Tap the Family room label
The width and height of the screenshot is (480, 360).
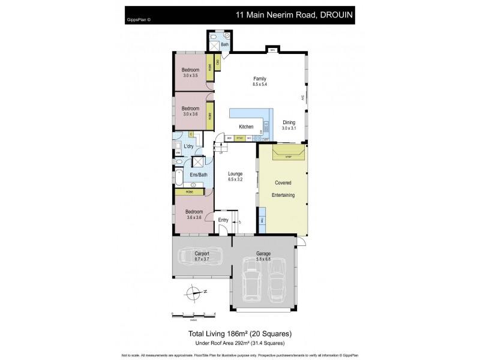tap(259, 82)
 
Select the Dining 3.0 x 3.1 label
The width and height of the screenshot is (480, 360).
tap(289, 125)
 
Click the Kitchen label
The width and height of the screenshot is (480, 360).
tap(246, 127)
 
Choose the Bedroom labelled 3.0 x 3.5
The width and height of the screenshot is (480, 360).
tap(190, 73)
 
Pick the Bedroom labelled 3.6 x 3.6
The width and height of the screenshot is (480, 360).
tap(193, 215)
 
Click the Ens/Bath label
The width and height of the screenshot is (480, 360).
tap(199, 175)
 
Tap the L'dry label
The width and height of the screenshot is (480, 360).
tap(188, 146)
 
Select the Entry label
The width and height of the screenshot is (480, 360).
tap(223, 220)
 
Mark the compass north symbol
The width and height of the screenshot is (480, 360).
tap(193, 293)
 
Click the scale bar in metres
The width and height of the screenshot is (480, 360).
tap(193, 315)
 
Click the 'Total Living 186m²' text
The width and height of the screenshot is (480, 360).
tap(240, 334)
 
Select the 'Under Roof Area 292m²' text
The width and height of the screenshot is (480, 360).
tap(240, 343)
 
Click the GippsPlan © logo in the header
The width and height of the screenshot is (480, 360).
tap(139, 19)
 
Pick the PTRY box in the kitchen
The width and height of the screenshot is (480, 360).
tap(239, 139)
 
